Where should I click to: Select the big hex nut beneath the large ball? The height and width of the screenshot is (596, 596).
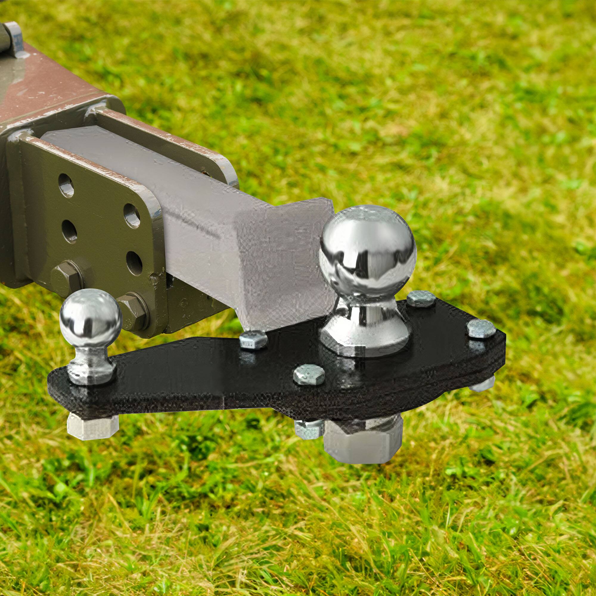[x=364, y=441]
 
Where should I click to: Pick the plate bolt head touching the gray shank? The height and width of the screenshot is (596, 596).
[x=253, y=339]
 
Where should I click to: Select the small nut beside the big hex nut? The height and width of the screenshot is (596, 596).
[x=308, y=429]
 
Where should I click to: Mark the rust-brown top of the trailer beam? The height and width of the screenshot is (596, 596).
[x=46, y=89]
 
